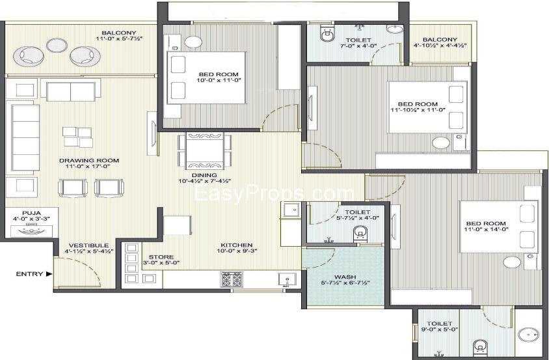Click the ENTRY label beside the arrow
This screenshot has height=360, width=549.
29,274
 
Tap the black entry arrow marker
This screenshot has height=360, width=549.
49,274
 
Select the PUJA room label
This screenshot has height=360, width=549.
31,213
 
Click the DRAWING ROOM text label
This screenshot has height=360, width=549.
89,161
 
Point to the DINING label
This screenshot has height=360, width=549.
204,175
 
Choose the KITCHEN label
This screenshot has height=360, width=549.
236,245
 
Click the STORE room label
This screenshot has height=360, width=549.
161,257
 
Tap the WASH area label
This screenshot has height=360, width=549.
345,277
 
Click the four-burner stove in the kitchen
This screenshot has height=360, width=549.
231,280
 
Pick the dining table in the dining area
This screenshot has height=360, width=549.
204,151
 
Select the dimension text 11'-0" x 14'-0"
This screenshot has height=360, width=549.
486,229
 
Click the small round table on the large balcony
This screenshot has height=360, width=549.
57,44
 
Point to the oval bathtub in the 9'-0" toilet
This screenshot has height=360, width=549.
529,335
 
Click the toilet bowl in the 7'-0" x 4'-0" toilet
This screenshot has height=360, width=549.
327,35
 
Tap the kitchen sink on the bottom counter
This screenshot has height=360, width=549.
287,279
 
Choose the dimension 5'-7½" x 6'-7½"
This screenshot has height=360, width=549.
345,283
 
